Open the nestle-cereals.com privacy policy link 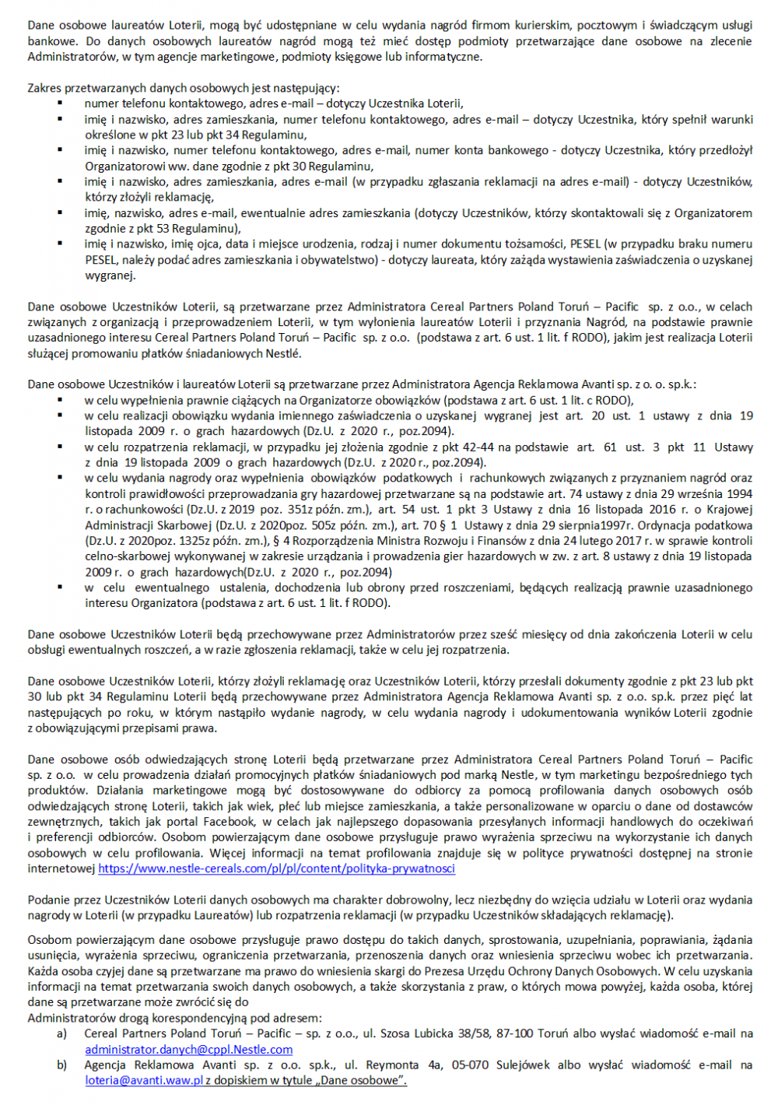point(276,868)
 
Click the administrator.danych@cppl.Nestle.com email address point(189,1050)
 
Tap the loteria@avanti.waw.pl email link point(144,1080)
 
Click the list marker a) point(61,1033)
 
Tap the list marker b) point(61,1065)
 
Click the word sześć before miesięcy point(482,634)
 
